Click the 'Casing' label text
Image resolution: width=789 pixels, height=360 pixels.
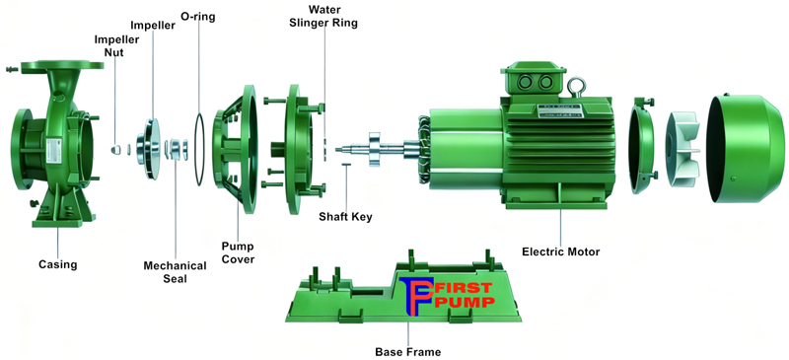57,264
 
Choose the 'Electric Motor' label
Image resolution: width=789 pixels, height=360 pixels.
562,252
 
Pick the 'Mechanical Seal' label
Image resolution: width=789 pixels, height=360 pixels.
175,272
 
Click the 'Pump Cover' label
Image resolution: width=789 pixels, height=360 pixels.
238,252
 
